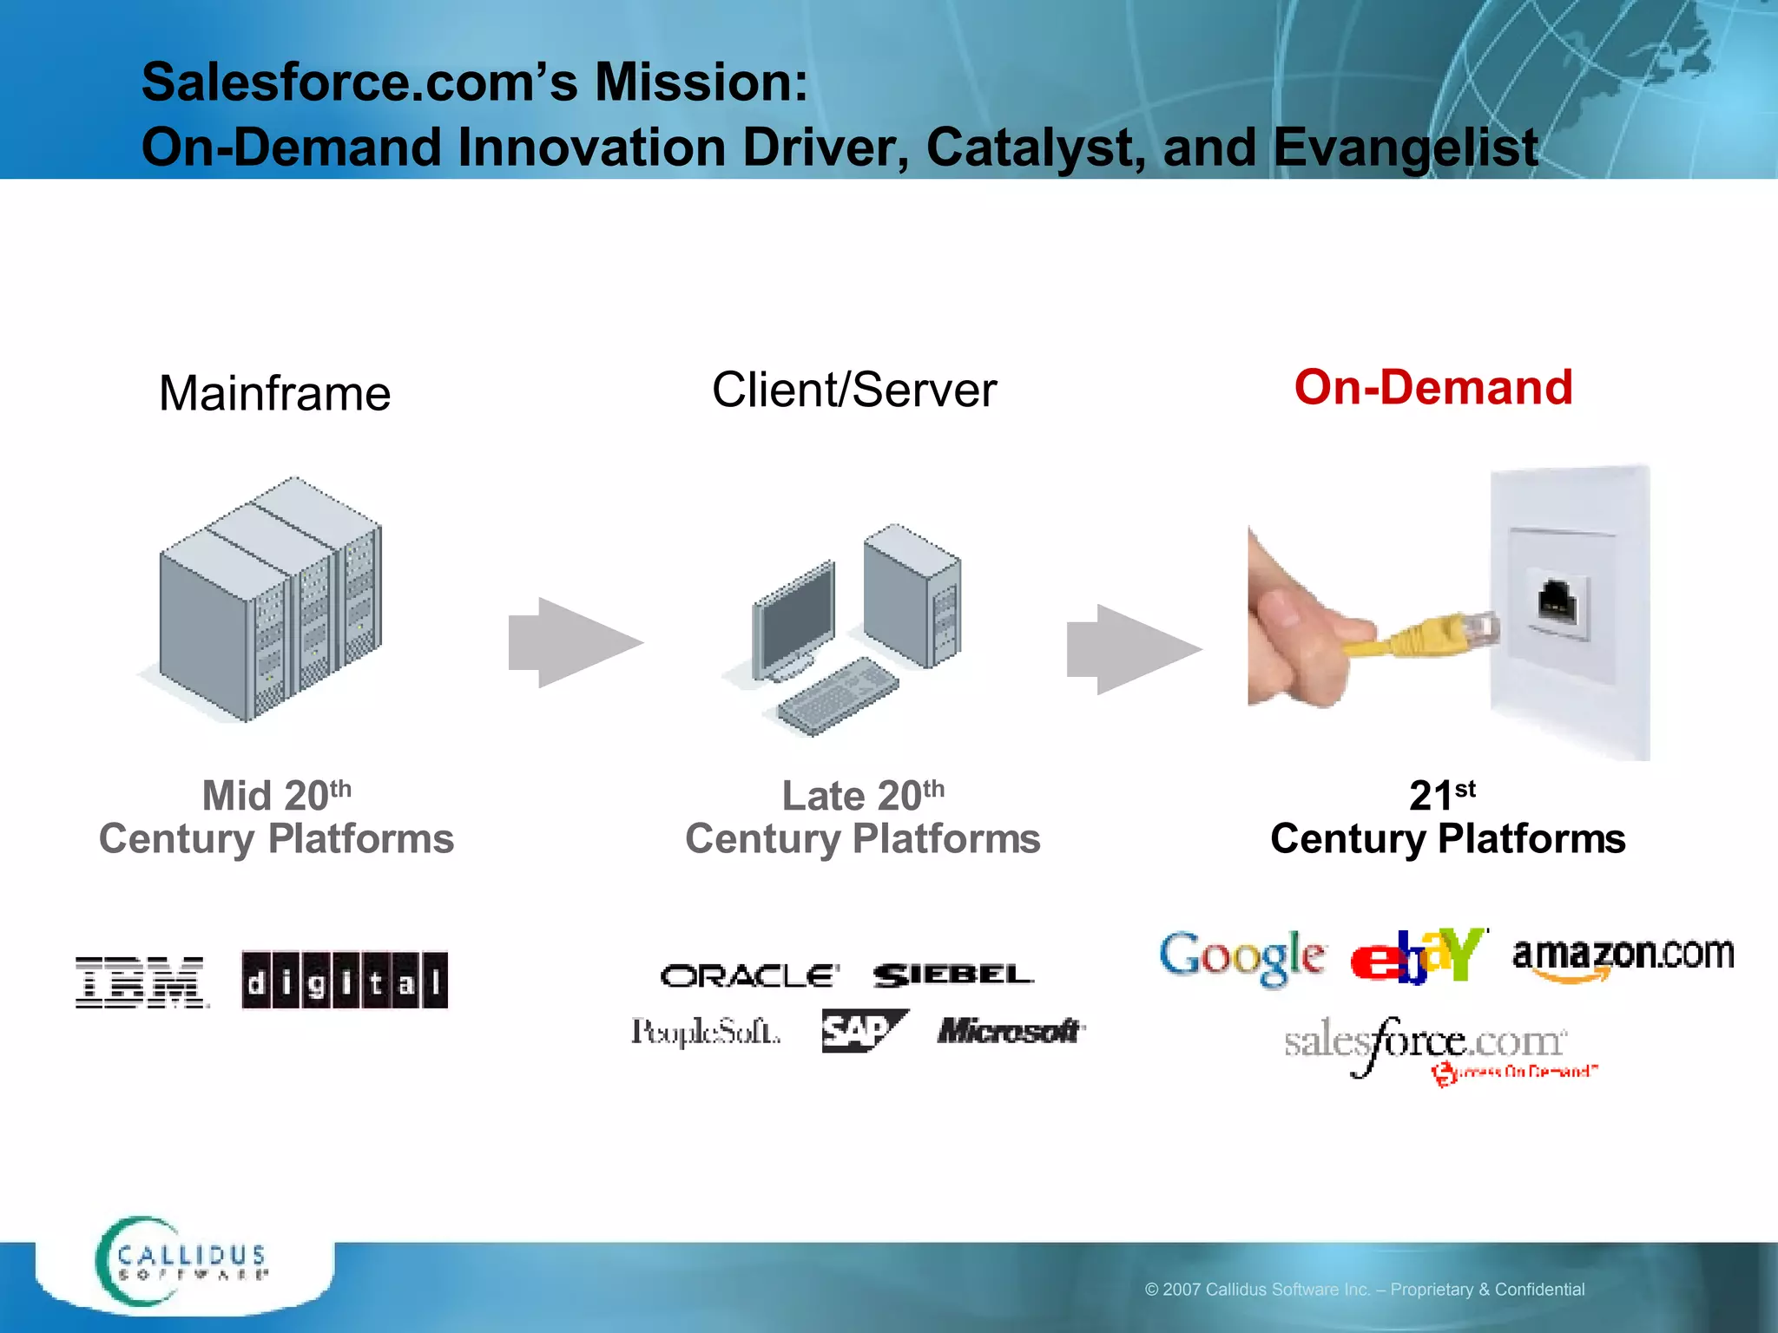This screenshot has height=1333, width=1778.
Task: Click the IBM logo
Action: pyautogui.click(x=142, y=982)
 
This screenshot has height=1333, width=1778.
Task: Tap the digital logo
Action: pyautogui.click(x=345, y=981)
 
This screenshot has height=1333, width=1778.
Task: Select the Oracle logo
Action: pyautogui.click(x=750, y=976)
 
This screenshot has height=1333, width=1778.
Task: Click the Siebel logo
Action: pyautogui.click(x=953, y=975)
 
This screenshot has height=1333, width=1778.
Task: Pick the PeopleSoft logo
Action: pyautogui.click(x=705, y=1032)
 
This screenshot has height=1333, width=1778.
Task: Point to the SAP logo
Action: pyautogui.click(x=863, y=1031)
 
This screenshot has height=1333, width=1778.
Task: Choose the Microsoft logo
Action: pyautogui.click(x=1011, y=1031)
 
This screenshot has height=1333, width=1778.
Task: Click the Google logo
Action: pyautogui.click(x=1242, y=957)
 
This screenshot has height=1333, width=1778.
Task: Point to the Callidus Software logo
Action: pyautogui.click(x=182, y=1262)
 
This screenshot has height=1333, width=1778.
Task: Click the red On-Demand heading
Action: pyautogui.click(x=1433, y=387)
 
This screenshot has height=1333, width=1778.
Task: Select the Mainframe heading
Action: pyautogui.click(x=274, y=393)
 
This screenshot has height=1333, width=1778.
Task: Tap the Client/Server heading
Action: pyautogui.click(x=854, y=390)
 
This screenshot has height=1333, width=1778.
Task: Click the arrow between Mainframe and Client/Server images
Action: pyautogui.click(x=576, y=642)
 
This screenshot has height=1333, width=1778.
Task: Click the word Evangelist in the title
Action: pyautogui.click(x=1406, y=148)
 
